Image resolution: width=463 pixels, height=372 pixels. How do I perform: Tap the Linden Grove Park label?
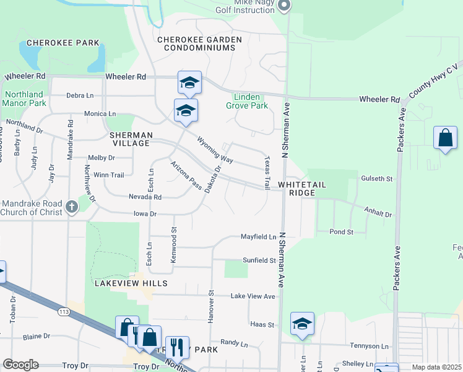tap(251, 101)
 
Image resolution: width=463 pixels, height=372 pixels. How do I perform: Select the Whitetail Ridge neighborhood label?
tap(296, 189)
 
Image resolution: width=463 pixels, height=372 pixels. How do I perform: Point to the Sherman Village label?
tap(130, 139)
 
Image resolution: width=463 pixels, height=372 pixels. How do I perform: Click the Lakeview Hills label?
tap(131, 283)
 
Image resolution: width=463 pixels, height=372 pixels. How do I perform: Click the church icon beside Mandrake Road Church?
tap(72, 206)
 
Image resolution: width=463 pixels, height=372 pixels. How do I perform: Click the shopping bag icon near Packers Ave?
tap(445, 138)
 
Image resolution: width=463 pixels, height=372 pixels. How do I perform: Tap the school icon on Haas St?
tap(302, 324)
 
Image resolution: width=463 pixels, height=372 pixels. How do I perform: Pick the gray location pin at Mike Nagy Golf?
tap(283, 6)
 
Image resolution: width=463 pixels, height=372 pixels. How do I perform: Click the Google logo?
tap(20, 365)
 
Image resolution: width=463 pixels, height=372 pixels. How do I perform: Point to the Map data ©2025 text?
tap(436, 367)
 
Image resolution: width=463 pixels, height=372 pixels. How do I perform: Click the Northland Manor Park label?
tap(25, 99)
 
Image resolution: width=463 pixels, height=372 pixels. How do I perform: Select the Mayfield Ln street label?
tap(258, 237)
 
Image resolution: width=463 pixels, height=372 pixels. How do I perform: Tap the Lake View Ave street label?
tap(253, 296)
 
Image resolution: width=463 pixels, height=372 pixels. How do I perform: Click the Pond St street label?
tap(341, 232)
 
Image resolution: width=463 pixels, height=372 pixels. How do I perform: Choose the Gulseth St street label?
tap(377, 179)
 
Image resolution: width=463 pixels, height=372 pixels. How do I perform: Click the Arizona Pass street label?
tap(186, 175)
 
